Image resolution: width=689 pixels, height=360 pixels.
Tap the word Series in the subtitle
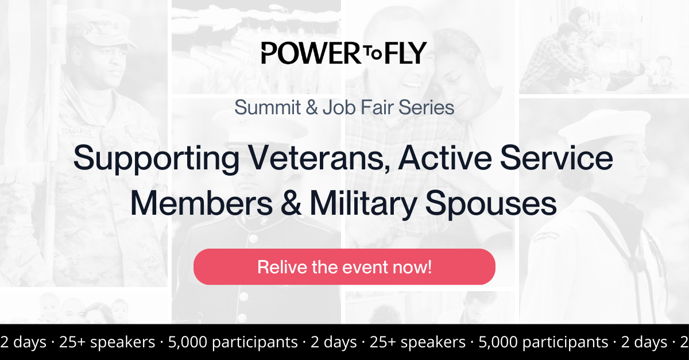pyautogui.click(x=425, y=107)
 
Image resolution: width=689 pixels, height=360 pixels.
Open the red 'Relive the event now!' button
pyautogui.click(x=344, y=267)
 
